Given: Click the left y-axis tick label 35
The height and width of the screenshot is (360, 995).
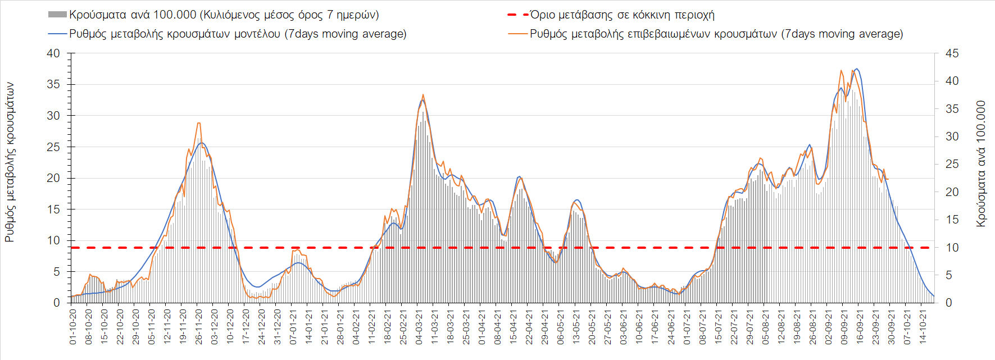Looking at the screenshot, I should (x=53, y=85).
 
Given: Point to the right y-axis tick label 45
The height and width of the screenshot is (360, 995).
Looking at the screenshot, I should (x=952, y=54).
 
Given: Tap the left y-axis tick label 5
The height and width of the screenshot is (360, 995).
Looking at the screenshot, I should (x=56, y=272).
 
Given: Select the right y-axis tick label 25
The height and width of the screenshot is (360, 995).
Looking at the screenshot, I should (x=952, y=165).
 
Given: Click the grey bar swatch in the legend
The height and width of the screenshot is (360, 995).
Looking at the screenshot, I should (x=57, y=15).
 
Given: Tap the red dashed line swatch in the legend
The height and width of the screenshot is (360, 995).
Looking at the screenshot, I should (x=517, y=15).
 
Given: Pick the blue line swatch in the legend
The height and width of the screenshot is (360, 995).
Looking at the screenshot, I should (x=57, y=34).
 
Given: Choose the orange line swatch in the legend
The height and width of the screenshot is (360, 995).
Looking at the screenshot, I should (x=517, y=34).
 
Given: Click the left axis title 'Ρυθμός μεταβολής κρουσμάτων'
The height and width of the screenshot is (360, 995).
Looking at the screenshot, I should (x=10, y=162).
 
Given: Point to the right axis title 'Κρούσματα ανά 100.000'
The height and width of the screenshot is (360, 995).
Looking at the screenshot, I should (x=981, y=163).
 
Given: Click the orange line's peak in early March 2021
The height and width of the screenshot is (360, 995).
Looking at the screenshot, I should (x=423, y=95).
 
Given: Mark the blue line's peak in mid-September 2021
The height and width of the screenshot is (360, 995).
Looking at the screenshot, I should (x=856, y=69).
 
